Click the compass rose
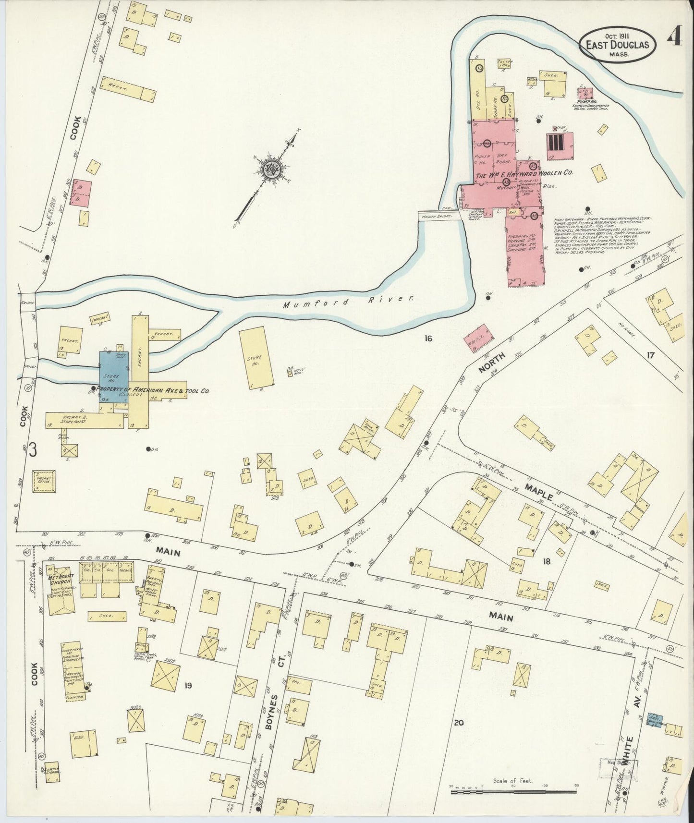point(272,168)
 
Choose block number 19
point(188,685)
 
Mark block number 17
point(650,356)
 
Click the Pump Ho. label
point(584,102)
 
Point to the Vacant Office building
point(45,481)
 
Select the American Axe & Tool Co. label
point(154,391)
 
